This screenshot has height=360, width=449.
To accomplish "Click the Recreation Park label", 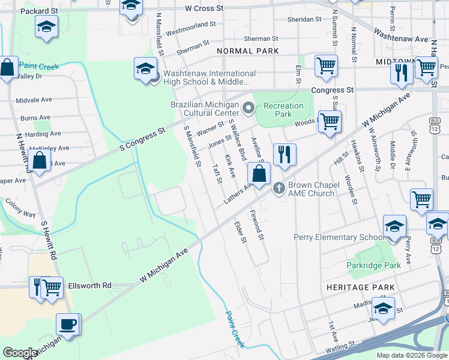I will (x=283, y=110).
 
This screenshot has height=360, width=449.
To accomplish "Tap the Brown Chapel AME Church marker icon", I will (x=279, y=189).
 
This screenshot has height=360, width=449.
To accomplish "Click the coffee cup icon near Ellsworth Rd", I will (x=67, y=325).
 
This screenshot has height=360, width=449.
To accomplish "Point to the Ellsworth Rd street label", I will (x=90, y=286).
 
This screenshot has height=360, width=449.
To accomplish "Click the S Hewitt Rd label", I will (x=49, y=240).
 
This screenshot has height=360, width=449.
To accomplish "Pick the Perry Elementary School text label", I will (x=339, y=237).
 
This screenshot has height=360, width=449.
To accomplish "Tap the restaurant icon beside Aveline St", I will (x=285, y=154).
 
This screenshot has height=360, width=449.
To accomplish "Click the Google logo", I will (x=20, y=353).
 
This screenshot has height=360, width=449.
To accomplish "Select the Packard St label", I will (x=37, y=11).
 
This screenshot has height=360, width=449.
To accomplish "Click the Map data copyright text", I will (x=412, y=355).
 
